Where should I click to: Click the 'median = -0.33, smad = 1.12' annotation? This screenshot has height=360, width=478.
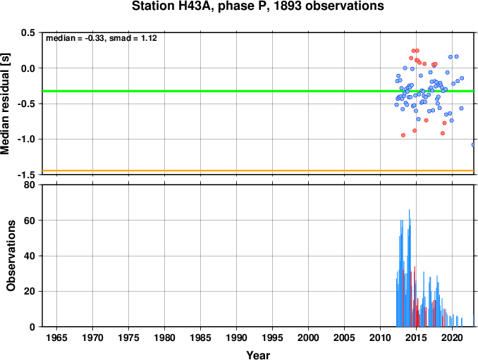tap(102, 38)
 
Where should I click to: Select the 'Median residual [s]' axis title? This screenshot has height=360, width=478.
tap(5, 104)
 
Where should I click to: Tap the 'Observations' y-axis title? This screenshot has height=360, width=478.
tap(11, 256)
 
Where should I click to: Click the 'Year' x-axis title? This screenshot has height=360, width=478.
tap(258, 355)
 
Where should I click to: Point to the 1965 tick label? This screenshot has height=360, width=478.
tap(56, 337)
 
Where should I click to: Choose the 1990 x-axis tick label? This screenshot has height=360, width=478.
tap(237, 337)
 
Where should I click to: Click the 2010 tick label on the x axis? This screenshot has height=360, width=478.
tap(380, 337)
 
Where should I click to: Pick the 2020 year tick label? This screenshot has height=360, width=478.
tap(452, 337)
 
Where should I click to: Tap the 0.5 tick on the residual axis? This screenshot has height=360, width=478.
tap(27, 32)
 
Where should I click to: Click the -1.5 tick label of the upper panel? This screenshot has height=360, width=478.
tap(26, 175)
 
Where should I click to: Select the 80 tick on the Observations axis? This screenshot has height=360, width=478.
tap(30, 185)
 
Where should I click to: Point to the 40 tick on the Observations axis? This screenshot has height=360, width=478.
tap(30, 256)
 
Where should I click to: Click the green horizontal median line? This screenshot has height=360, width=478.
tap(258, 91)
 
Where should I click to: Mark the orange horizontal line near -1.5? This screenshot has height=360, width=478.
tap(258, 170)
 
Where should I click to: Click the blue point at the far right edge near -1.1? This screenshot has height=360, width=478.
tap(473, 145)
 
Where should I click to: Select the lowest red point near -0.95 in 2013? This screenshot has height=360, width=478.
tap(403, 135)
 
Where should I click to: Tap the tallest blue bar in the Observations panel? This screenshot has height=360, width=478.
tap(409, 268)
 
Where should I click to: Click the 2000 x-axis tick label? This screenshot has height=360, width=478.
tap(309, 337)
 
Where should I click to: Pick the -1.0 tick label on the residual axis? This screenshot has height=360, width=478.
tap(26, 139)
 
